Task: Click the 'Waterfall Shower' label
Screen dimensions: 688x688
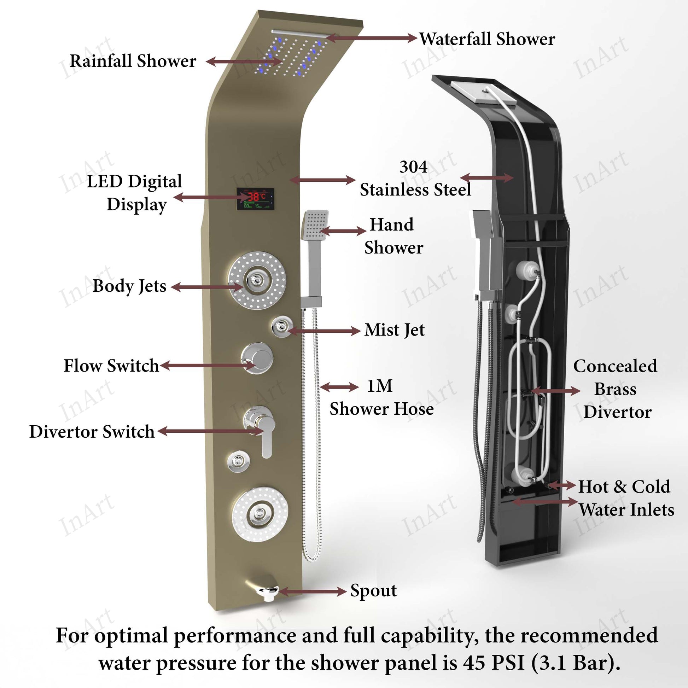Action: tap(486, 39)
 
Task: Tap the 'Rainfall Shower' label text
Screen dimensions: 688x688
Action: tap(133, 61)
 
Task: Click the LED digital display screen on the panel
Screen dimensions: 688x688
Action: tap(255, 198)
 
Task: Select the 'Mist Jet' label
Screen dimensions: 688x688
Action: tap(394, 330)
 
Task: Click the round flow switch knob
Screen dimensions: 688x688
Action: tap(257, 358)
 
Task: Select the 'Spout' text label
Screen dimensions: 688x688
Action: tap(373, 590)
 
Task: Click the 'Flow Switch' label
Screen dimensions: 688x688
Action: tap(111, 366)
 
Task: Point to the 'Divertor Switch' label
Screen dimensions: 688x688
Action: tap(92, 432)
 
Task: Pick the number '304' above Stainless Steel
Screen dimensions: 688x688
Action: tap(413, 167)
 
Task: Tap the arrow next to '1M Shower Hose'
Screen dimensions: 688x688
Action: tap(339, 387)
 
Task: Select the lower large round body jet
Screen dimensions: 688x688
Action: tap(260, 514)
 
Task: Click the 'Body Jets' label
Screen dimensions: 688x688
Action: tap(129, 286)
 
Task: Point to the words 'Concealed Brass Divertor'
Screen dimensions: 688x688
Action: tap(615, 389)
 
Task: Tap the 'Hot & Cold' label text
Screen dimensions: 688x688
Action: tap(624, 486)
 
